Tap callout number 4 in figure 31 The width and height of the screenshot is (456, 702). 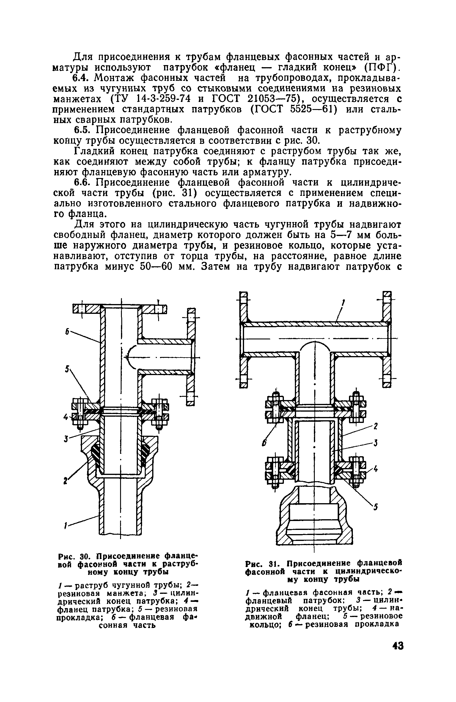click(x=375, y=469)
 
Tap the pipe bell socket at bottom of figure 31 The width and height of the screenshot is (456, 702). click(x=314, y=517)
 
